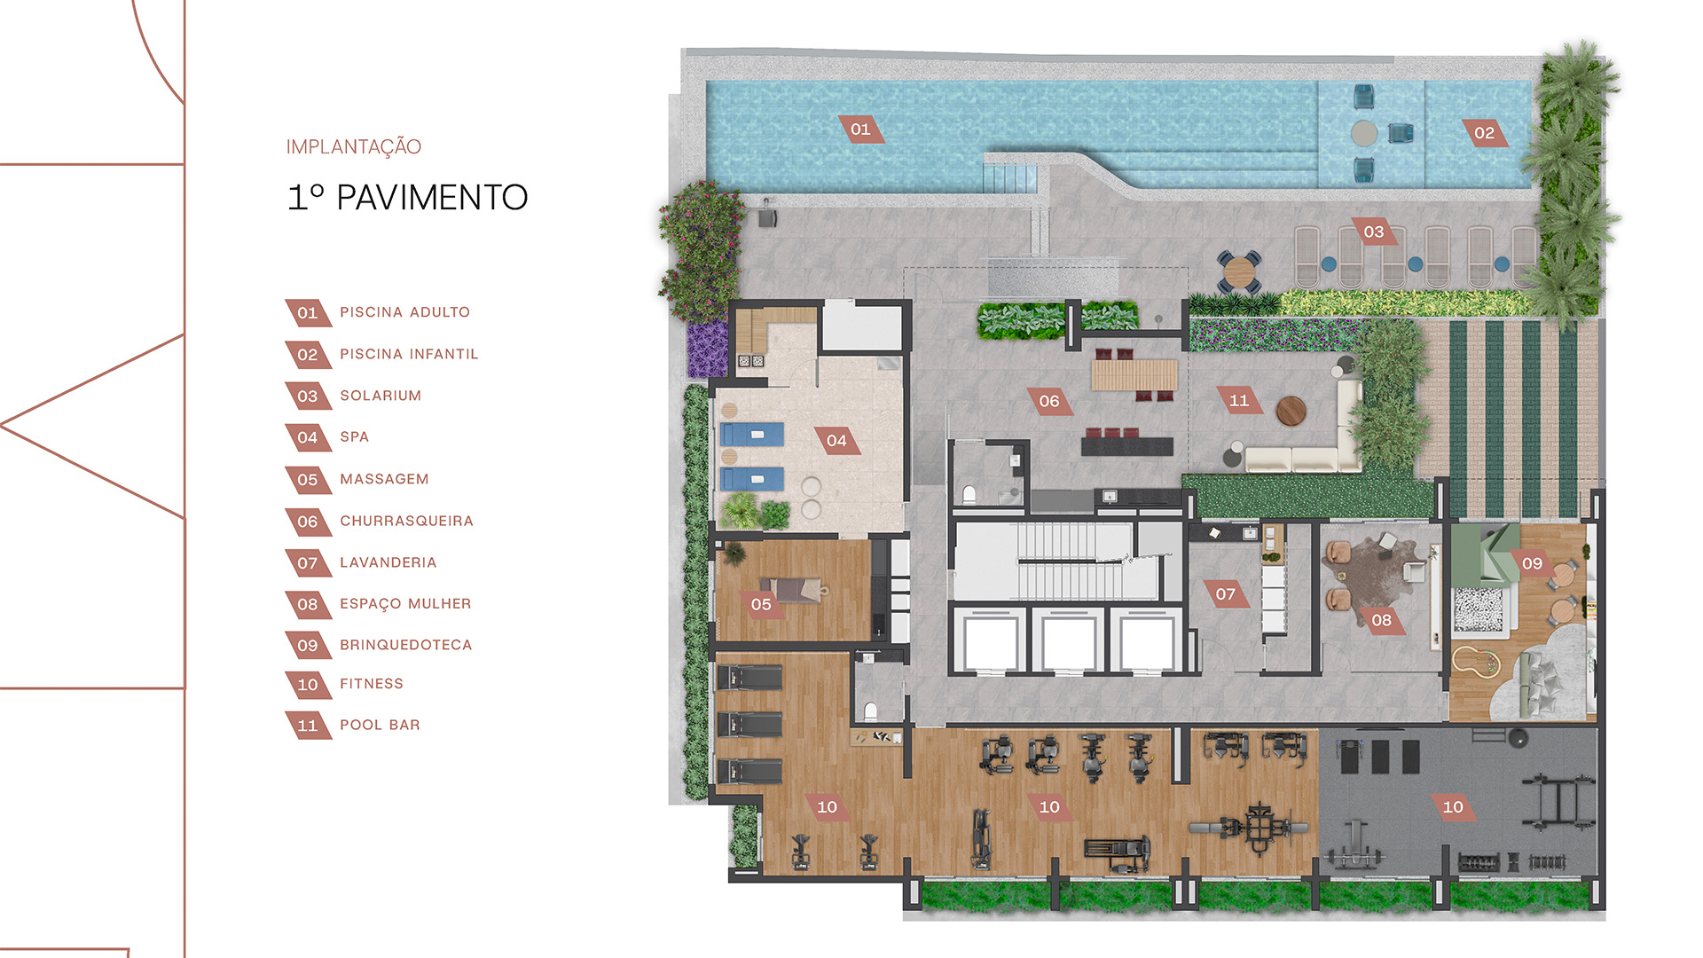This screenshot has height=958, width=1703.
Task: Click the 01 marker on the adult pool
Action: [860, 130]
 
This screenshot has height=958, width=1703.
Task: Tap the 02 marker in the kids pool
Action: [1484, 133]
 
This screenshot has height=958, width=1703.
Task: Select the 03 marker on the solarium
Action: [1374, 232]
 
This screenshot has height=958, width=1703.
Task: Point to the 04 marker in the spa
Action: [836, 441]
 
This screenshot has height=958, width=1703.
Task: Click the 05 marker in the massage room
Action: [761, 604]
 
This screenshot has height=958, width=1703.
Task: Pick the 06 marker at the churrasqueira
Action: [1049, 401]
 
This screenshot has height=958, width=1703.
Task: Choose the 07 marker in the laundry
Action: [1226, 593]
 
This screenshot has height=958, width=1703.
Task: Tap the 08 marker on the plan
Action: [1382, 620]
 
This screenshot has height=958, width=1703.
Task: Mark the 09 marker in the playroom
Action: [1532, 563]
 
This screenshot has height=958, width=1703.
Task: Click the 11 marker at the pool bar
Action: [1239, 400]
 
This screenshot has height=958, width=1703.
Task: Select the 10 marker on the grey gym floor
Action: [1453, 807]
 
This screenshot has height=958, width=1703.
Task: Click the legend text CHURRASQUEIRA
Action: [406, 521]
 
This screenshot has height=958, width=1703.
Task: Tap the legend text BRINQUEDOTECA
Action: [405, 645]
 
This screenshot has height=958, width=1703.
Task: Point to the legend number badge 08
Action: [308, 604]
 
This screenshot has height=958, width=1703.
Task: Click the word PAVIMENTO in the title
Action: [432, 198]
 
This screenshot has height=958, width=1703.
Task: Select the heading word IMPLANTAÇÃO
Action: [353, 146]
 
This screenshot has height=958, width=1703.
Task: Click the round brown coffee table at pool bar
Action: [1291, 411]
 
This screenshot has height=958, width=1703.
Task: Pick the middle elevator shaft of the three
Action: [1068, 640]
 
